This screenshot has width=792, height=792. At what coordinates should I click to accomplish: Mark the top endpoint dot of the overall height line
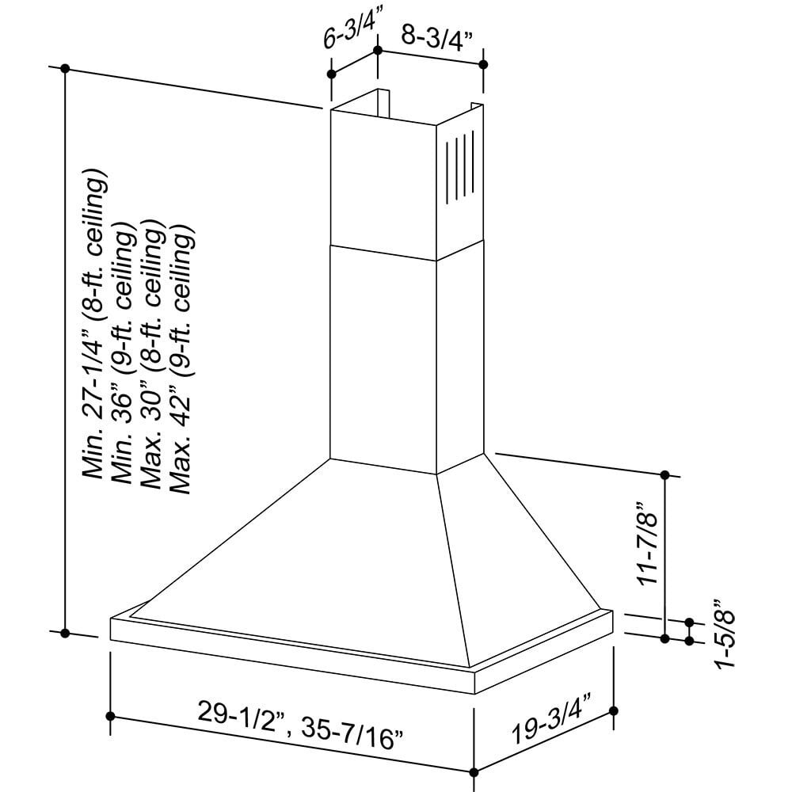[66, 68]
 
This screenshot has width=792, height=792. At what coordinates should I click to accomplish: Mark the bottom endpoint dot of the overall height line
[66, 633]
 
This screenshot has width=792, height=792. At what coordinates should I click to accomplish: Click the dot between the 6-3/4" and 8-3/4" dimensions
[378, 51]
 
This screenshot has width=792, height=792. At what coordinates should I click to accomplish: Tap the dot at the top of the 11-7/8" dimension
[665, 474]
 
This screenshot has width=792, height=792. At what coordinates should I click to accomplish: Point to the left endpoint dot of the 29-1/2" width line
[110, 716]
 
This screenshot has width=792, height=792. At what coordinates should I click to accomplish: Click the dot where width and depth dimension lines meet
[474, 772]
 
